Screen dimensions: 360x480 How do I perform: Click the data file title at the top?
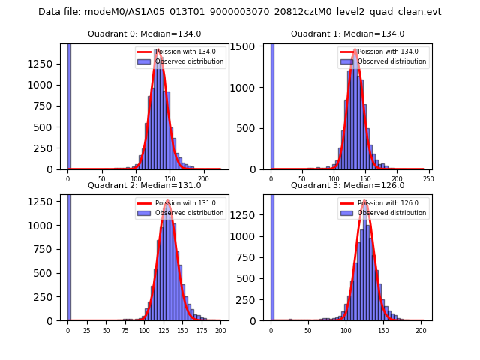pos(240,12)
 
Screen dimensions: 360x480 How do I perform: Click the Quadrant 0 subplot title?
pos(144,34)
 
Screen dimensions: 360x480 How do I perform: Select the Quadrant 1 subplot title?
pos(347,34)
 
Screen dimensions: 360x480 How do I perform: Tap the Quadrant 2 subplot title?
pos(144,185)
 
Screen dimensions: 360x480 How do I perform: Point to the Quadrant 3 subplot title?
pos(347,185)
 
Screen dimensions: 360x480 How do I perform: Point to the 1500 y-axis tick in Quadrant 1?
pos(250,47)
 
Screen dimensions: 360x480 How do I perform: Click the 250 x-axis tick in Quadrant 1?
pos(428,179)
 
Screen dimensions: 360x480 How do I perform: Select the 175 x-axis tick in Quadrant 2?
pos(201,330)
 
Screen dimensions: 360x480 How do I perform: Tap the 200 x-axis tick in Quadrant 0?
pos(203,179)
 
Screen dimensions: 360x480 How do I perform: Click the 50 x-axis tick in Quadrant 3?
pos(308,330)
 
